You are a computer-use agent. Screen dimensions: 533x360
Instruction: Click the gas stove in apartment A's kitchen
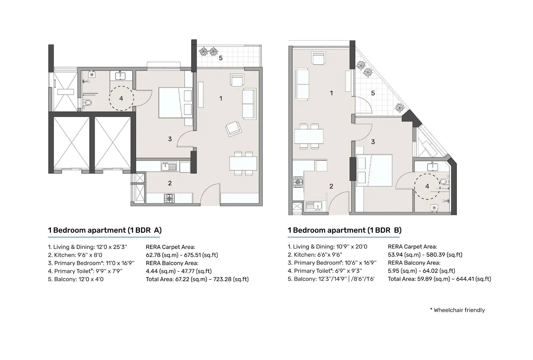(169, 198)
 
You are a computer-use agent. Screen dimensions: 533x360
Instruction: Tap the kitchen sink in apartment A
(169, 166)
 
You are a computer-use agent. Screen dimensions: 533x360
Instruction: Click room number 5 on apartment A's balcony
(221, 58)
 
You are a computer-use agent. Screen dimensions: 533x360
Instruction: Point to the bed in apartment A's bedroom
(175, 103)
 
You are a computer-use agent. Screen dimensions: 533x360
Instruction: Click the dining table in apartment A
(243, 163)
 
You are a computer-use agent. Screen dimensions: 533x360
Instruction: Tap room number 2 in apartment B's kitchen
(331, 186)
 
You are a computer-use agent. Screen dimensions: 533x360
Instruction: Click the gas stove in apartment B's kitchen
(298, 182)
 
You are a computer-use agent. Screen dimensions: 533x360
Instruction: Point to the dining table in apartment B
(309, 136)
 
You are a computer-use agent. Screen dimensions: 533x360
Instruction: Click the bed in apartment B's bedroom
(374, 170)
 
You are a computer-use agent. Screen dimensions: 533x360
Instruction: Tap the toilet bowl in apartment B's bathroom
(444, 182)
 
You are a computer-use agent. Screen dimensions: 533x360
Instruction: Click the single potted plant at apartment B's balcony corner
(399, 108)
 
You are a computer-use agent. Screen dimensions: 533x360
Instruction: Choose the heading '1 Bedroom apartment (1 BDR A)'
(105, 230)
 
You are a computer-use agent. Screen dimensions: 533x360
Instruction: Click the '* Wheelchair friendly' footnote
(457, 310)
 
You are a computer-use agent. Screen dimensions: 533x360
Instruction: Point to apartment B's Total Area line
(439, 279)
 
